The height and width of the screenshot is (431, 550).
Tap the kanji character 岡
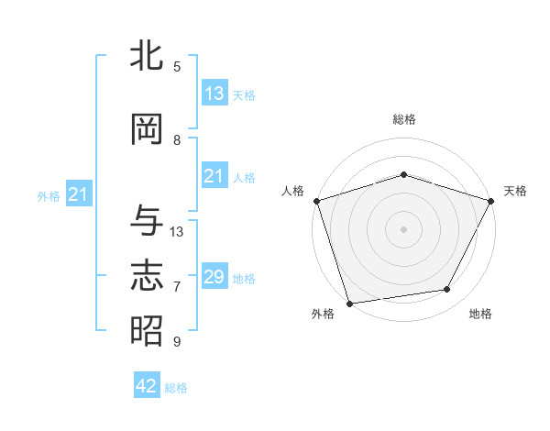(x=147, y=130)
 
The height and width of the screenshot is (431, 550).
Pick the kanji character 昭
(x=147, y=330)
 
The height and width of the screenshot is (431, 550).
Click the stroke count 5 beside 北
(x=177, y=67)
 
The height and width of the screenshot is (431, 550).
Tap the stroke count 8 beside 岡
(x=177, y=140)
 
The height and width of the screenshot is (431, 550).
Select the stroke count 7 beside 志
(x=177, y=287)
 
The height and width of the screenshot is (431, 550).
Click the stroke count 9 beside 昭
(x=177, y=342)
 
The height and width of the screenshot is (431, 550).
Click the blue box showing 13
(x=214, y=94)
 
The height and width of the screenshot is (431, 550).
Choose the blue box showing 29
(x=214, y=277)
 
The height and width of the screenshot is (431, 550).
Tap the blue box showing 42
(x=147, y=386)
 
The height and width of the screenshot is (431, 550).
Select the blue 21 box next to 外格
(x=78, y=194)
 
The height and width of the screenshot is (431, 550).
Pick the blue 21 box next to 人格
(x=214, y=176)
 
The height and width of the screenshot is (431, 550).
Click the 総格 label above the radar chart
(x=404, y=119)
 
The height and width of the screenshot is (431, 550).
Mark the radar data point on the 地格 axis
(x=447, y=290)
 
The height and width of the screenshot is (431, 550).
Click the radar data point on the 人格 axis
(x=316, y=201)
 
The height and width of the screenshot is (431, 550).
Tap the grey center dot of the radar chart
(x=404, y=228)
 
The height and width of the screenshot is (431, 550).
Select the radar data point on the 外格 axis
(x=349, y=303)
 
